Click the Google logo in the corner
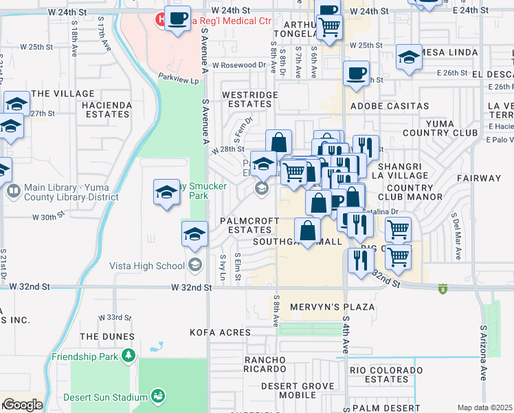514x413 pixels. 22,405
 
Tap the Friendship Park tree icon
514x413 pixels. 127,356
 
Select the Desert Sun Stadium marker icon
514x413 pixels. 159,396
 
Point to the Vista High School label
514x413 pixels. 146,266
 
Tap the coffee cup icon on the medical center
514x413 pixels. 178,19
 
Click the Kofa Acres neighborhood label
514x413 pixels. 221,332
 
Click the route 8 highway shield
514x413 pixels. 443,289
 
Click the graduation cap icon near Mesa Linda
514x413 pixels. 409,59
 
